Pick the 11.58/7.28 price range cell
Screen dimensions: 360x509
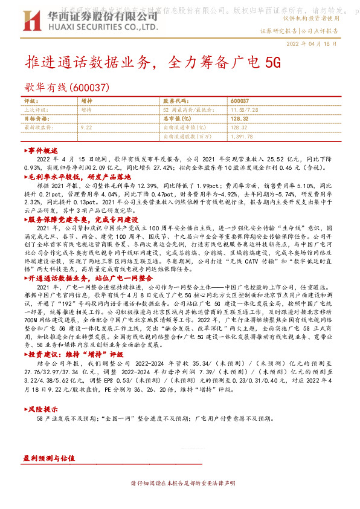coord(245,111)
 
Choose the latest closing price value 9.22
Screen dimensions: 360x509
coord(85,128)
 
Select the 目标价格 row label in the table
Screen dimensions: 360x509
coord(36,119)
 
